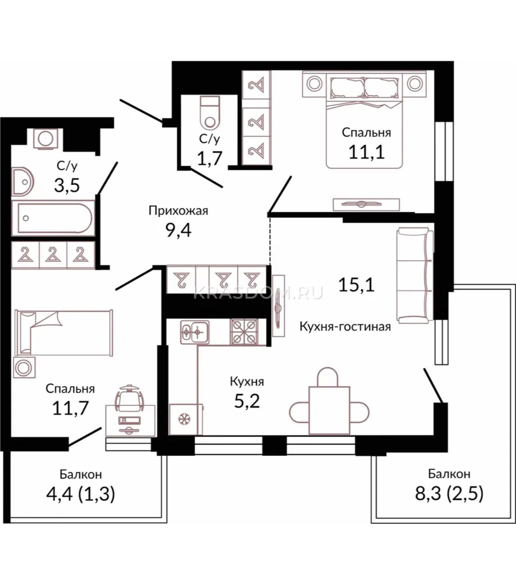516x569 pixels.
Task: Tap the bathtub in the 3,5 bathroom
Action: click(53, 218)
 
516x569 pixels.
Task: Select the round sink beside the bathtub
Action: click(23, 181)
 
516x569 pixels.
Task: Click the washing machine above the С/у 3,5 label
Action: click(46, 139)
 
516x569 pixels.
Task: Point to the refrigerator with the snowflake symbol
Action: click(186, 419)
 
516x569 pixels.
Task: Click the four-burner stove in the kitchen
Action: click(244, 332)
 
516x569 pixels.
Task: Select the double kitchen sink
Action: click(195, 332)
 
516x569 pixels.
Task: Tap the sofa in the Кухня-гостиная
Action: click(415, 276)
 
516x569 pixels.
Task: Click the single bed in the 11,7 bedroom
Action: click(64, 333)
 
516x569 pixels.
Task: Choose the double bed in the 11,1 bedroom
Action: click(364, 120)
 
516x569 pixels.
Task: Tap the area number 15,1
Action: click(356, 285)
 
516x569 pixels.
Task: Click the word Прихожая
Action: click(178, 211)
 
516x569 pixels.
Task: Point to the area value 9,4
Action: click(178, 230)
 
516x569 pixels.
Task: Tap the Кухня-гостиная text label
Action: click(345, 327)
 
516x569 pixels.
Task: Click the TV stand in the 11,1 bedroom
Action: click(366, 204)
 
